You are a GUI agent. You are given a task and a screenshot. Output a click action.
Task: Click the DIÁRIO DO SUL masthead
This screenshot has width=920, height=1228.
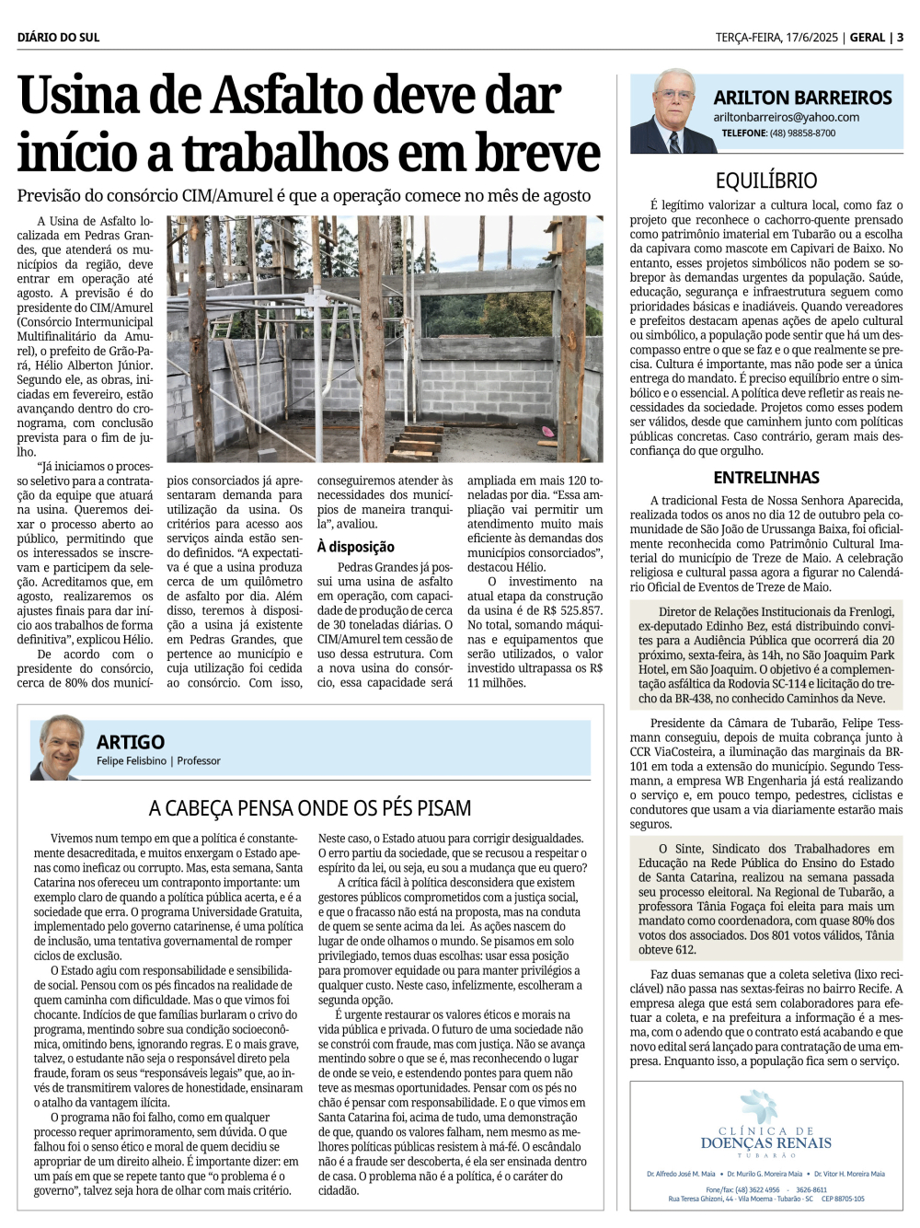point(58,38)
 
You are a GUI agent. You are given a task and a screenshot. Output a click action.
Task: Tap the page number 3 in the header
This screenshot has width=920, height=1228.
point(900,38)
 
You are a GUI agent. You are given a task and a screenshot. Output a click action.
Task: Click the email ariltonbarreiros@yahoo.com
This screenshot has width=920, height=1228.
point(786,117)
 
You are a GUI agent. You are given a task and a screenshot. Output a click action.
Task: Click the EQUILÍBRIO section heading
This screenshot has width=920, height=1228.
point(765,180)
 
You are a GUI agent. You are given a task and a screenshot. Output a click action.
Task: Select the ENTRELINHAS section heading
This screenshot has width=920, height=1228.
point(765,477)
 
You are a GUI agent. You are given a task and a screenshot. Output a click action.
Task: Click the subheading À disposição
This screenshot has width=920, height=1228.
point(355,547)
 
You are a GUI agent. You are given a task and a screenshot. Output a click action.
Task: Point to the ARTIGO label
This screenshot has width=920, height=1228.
point(131,742)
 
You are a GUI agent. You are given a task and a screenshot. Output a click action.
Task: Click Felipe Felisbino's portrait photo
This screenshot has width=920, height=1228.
point(61,747)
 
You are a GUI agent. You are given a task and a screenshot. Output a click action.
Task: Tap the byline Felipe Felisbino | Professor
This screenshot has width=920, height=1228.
point(158,761)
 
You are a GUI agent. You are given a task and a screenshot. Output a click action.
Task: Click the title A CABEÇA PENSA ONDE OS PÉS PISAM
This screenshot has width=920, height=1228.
point(310,808)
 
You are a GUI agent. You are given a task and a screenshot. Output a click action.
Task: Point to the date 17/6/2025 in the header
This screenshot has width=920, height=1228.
point(810,38)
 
